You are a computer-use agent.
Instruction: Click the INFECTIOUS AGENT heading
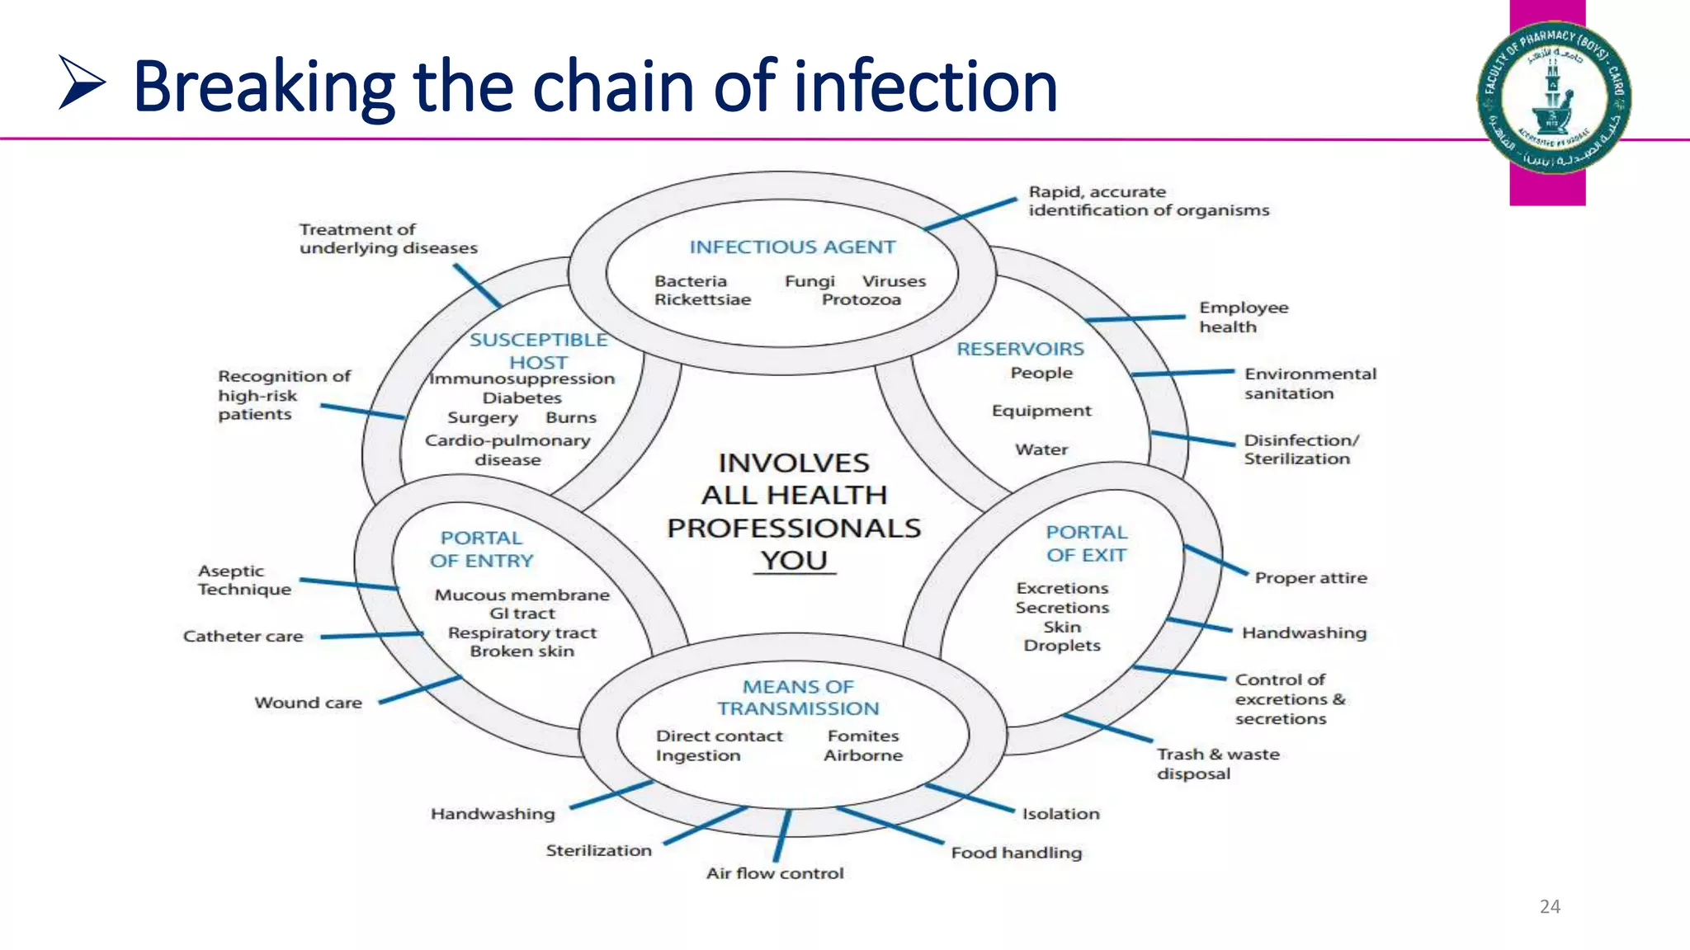(792, 247)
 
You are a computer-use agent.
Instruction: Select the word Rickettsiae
(702, 300)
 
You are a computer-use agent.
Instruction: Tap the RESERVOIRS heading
(1020, 350)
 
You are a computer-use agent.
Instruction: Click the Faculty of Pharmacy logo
(1553, 97)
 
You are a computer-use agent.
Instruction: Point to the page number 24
(1550, 907)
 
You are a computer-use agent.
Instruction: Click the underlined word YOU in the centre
(794, 561)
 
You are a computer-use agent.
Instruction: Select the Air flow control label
(775, 873)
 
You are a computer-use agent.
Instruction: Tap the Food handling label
(1016, 853)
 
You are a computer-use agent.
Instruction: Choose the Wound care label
(308, 703)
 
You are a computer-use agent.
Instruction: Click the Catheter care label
(243, 637)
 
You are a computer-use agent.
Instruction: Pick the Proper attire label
(1310, 578)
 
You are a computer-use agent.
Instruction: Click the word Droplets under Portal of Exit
(1062, 646)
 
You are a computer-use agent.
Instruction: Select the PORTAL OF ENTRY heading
(481, 549)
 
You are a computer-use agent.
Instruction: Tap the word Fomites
(863, 736)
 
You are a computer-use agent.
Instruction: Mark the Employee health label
(1243, 317)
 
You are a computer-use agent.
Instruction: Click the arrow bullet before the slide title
(82, 82)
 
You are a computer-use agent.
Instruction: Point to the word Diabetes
(522, 398)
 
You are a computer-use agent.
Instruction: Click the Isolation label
(1060, 814)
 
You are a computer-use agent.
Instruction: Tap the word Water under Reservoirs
(1041, 449)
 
